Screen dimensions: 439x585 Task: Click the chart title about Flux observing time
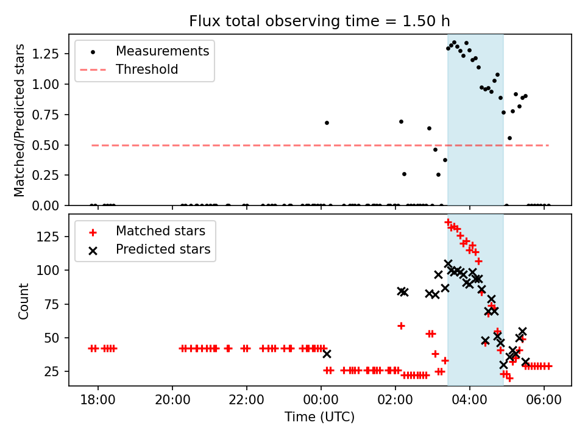[x=320, y=21]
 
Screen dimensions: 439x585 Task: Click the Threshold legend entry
[x=147, y=70]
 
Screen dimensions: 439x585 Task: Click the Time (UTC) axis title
[x=320, y=418]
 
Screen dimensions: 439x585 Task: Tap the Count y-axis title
[x=24, y=301]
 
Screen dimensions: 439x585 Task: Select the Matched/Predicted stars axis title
[x=20, y=120]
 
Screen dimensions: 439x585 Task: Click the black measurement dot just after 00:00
[x=327, y=123]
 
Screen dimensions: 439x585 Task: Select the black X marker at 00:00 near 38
[x=327, y=354]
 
